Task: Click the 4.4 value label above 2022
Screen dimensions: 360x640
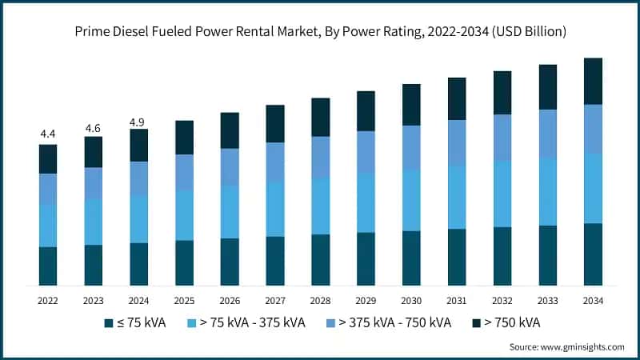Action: [48, 134]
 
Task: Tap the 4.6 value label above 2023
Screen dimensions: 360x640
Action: [94, 127]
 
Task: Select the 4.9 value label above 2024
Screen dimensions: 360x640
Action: [139, 122]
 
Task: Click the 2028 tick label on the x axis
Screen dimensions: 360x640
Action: [321, 300]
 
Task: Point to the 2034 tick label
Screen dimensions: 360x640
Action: [593, 300]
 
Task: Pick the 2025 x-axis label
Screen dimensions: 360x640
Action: [185, 300]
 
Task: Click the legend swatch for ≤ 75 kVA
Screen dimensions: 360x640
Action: [108, 323]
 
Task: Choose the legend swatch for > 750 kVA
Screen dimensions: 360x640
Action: [476, 323]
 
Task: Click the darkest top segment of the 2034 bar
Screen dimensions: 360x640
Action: [593, 81]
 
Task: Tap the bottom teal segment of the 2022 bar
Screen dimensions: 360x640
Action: [48, 266]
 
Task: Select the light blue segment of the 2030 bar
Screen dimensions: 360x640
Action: [411, 200]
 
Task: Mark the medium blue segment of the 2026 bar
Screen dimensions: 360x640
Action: [230, 166]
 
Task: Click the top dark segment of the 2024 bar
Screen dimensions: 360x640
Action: [139, 145]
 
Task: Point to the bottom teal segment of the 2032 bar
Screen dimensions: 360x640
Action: [502, 256]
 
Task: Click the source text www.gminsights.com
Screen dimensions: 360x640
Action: [582, 347]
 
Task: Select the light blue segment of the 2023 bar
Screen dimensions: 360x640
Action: [94, 222]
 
